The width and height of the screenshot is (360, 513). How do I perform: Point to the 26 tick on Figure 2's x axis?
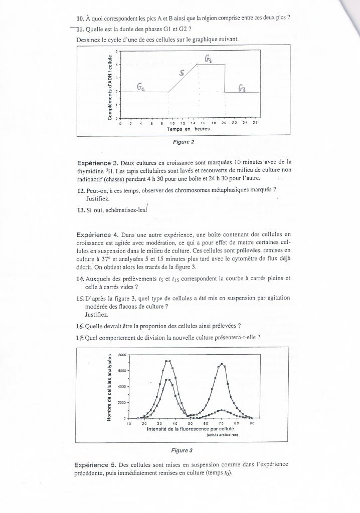(255, 122)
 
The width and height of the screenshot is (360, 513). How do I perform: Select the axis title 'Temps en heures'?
(188, 128)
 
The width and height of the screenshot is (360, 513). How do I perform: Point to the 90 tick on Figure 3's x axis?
(253, 424)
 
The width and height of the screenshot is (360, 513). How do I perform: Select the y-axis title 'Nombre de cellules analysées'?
(109, 388)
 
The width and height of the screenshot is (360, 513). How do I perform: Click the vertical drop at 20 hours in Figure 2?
(224, 78)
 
